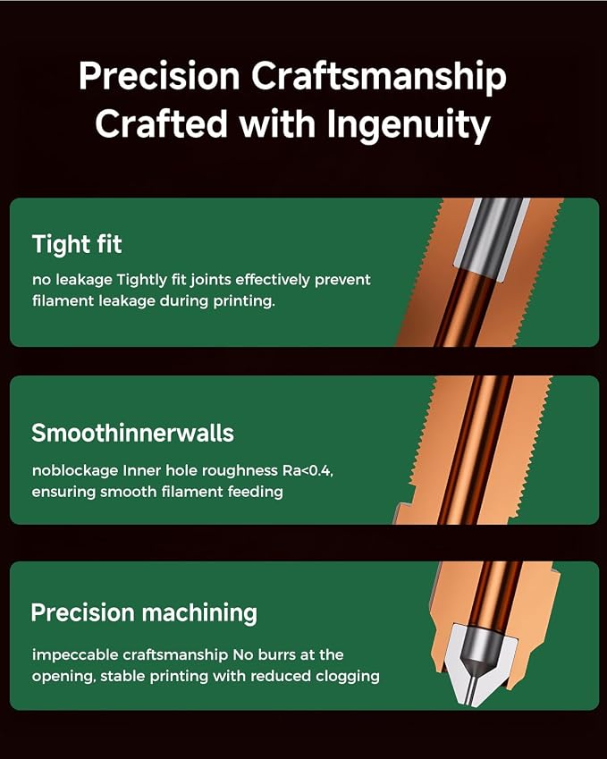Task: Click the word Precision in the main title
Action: tap(159, 76)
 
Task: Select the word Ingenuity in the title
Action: tap(408, 125)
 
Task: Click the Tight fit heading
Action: tap(77, 244)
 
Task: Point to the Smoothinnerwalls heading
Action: tap(132, 433)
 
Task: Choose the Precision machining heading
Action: tap(144, 612)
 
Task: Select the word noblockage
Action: tap(75, 471)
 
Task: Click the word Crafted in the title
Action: tap(161, 123)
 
